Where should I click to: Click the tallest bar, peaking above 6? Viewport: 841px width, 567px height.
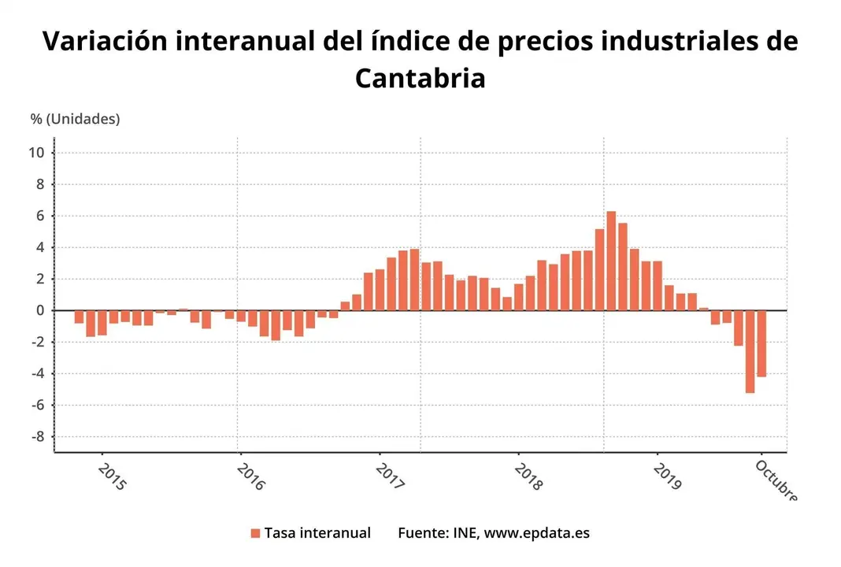611,261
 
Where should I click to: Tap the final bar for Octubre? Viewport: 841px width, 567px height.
761,343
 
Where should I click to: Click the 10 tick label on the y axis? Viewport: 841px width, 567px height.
36,153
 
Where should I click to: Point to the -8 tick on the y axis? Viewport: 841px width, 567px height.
36,437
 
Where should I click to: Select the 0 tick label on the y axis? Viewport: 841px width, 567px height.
40,311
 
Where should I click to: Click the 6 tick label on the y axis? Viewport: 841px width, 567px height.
40,217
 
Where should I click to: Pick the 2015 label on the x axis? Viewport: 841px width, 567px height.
113,476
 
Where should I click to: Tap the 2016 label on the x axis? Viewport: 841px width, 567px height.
250,476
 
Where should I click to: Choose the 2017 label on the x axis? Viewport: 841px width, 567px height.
390,476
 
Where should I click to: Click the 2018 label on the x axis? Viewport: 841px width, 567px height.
528,476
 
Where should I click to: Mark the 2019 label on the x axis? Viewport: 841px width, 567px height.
667,476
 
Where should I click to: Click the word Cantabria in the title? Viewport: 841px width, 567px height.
420,79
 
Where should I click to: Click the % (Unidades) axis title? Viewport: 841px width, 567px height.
76,119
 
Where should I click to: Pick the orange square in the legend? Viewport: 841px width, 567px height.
255,534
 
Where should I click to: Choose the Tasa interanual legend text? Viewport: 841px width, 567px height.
317,533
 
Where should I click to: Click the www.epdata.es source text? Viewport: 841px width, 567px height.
536,533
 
